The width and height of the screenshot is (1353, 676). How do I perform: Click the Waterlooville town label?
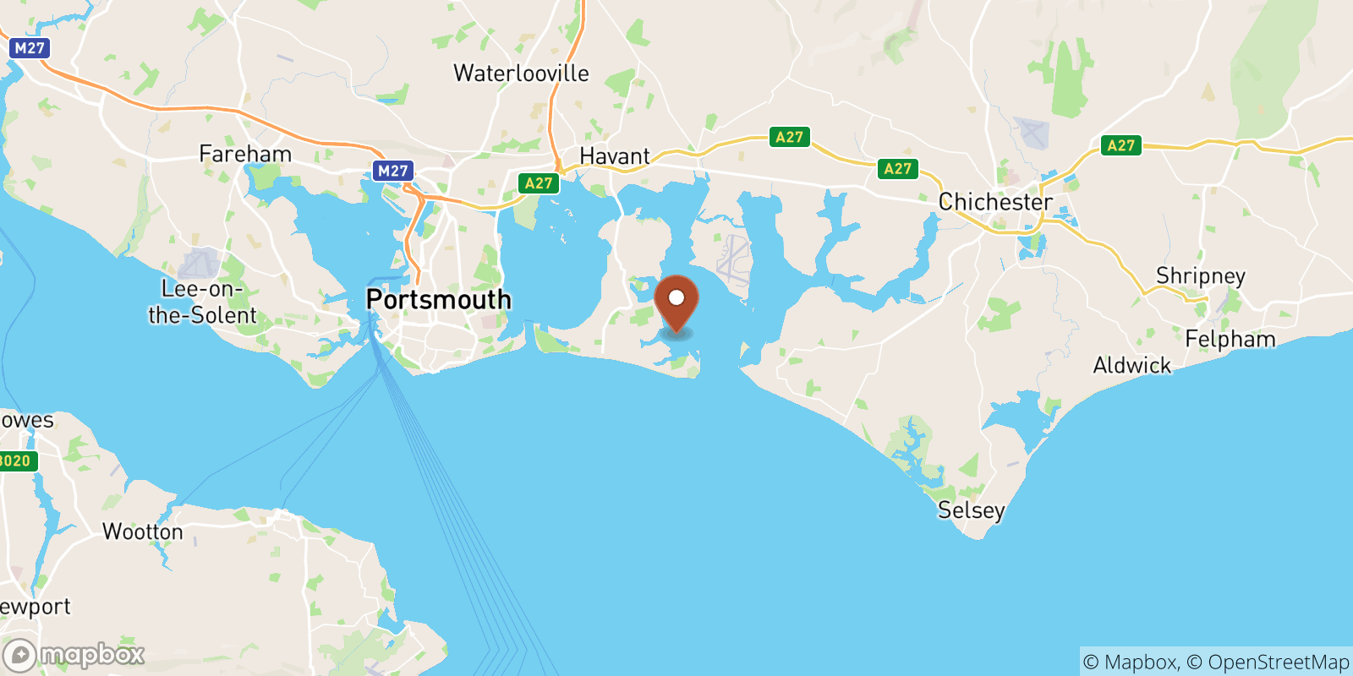pyautogui.click(x=521, y=74)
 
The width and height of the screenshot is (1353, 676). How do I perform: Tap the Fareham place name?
pyautogui.click(x=245, y=154)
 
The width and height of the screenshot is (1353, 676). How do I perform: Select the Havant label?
pyautogui.click(x=615, y=156)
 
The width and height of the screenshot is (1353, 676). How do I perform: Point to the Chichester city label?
pyautogui.click(x=995, y=202)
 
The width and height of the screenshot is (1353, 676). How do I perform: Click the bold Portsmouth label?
pyautogui.click(x=438, y=300)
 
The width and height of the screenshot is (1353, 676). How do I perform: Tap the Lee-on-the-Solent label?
pyautogui.click(x=202, y=302)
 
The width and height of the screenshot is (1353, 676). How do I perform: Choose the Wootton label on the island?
pyautogui.click(x=142, y=532)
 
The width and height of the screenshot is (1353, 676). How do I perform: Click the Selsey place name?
pyautogui.click(x=971, y=510)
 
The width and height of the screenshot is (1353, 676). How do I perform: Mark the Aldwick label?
pyautogui.click(x=1131, y=365)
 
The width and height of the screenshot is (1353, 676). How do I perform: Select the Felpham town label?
pyautogui.click(x=1230, y=339)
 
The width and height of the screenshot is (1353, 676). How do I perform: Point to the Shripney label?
pyautogui.click(x=1200, y=276)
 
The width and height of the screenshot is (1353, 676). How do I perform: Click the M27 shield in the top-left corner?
pyautogui.click(x=30, y=48)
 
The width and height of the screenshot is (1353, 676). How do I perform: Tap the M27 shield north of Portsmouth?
pyautogui.click(x=392, y=171)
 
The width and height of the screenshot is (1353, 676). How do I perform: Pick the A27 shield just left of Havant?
pyautogui.click(x=539, y=183)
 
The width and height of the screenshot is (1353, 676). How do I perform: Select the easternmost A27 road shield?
pyautogui.click(x=1120, y=145)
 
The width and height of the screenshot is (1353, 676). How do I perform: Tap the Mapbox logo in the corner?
pyautogui.click(x=74, y=655)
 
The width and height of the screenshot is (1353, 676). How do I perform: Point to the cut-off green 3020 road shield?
pyautogui.click(x=15, y=461)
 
